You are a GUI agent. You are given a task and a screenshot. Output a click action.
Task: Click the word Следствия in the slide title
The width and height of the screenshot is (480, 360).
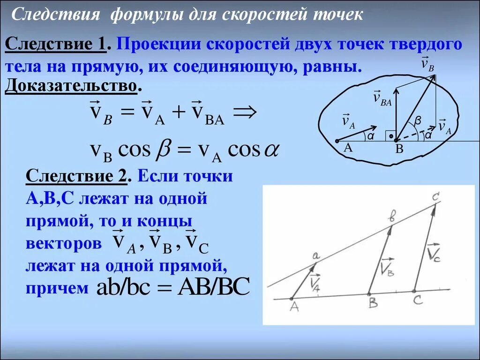click(55, 14)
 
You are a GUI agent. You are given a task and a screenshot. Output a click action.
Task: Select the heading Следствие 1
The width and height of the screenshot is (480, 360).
click(57, 45)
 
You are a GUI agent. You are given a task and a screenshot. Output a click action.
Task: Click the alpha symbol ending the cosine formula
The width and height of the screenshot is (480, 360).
click(271, 150)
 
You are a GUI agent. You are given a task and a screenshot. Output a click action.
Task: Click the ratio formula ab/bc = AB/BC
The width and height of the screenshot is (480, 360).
click(173, 287)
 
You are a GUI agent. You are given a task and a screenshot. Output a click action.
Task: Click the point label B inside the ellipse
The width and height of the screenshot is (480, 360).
click(400, 150)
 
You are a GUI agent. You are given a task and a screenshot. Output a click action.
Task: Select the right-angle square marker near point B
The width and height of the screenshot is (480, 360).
click(390, 136)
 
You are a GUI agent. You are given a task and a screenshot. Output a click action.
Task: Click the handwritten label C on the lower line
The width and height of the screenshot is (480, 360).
click(418, 300)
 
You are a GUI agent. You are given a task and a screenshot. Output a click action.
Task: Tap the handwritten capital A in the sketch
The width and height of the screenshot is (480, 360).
click(294, 307)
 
